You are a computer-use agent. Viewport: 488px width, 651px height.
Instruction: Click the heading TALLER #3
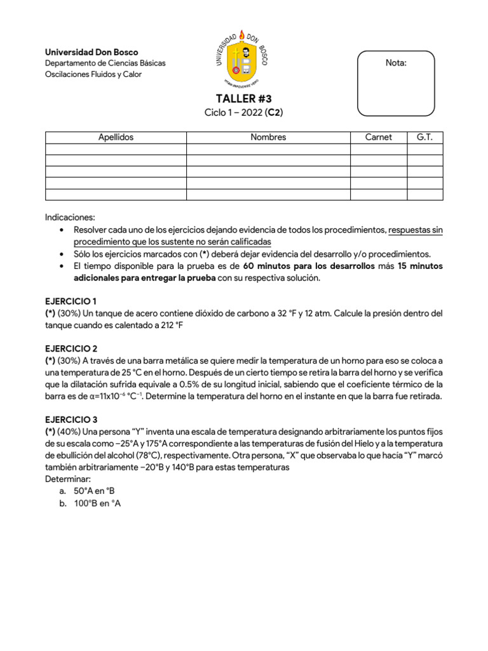point(243,98)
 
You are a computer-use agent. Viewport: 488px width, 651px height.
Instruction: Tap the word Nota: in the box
point(396,63)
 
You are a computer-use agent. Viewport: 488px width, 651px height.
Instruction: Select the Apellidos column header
point(116,137)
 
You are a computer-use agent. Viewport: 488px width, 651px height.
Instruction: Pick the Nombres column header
point(268,137)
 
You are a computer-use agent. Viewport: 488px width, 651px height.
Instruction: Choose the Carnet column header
point(378,137)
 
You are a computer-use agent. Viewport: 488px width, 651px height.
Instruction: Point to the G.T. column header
point(424,137)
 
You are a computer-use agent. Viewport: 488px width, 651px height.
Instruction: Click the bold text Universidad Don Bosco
point(91,52)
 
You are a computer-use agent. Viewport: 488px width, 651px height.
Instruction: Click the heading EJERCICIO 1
point(71,301)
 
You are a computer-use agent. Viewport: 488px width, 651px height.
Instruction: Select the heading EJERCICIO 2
point(71,348)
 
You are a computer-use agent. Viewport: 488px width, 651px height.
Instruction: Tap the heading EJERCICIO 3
point(71,420)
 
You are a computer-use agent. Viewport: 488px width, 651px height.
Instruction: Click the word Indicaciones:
point(70,217)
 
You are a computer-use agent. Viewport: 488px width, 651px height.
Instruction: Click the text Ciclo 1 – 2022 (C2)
point(243,113)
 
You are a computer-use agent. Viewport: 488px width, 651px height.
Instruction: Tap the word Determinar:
point(68,479)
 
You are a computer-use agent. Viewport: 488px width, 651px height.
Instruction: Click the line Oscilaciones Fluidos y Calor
point(93,74)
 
